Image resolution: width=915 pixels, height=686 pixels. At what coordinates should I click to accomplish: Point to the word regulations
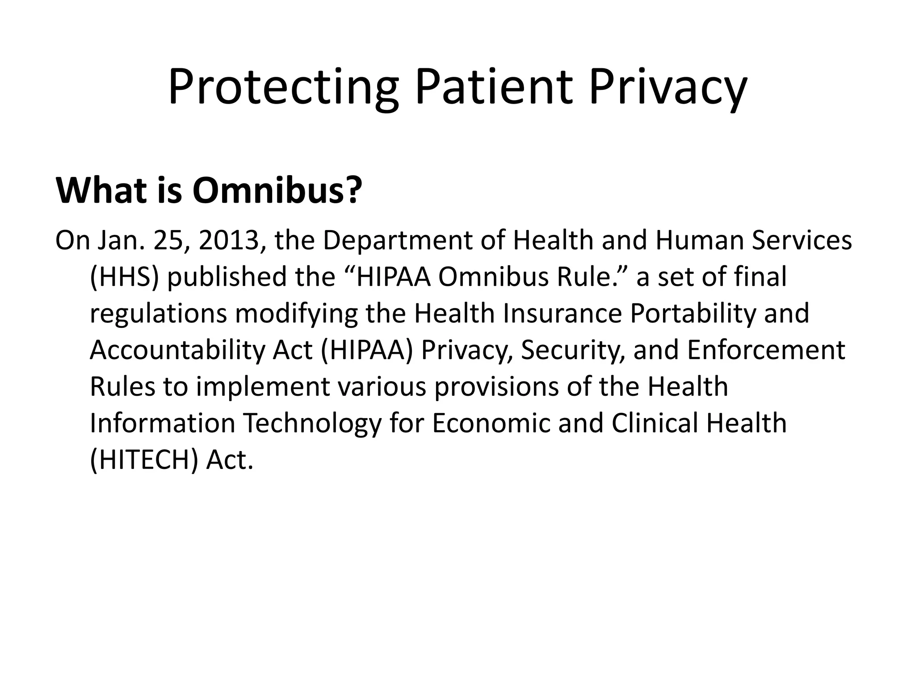click(x=158, y=314)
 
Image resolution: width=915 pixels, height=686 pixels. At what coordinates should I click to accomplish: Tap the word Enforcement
click(x=766, y=351)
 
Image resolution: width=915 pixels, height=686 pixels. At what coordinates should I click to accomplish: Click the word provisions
click(x=496, y=387)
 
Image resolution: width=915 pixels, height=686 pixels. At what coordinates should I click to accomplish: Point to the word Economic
click(x=491, y=424)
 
